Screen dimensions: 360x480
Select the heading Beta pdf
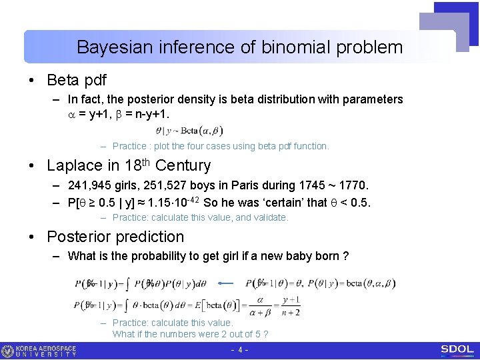pos(76,80)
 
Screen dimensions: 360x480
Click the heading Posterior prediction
pos(115,237)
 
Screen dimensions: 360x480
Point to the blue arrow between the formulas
pos(227,283)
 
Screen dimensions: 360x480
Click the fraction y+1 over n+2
pos(291,306)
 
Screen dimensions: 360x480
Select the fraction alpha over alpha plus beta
pos(260,306)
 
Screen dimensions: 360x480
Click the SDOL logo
pos(457,350)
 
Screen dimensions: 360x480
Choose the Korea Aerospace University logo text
pos(47,351)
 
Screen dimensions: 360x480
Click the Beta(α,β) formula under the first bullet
pos(189,131)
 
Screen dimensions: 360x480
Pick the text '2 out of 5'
pos(236,334)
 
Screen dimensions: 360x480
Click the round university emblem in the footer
pos(7,351)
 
